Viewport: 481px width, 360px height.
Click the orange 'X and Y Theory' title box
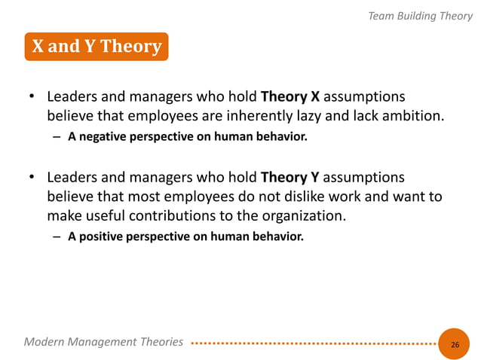click(x=96, y=47)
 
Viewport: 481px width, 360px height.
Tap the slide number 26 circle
click(x=454, y=344)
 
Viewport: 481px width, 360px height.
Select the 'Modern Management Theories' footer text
click(x=103, y=342)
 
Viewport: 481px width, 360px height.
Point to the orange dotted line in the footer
click(x=313, y=343)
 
